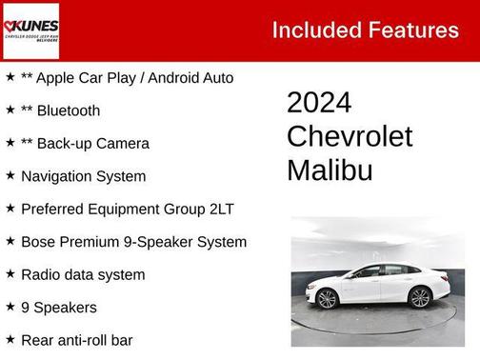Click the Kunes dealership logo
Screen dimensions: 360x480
[x=30, y=30]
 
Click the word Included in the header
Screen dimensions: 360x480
[x=310, y=30]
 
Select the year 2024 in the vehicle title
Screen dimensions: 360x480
[x=319, y=103]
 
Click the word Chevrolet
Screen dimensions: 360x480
[x=350, y=136]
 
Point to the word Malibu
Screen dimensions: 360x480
[x=330, y=170]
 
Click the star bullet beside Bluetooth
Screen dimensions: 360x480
[x=10, y=110]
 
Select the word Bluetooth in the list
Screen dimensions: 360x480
[x=70, y=110]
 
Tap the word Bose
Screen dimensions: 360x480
[x=38, y=242]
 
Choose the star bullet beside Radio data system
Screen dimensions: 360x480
[x=10, y=274]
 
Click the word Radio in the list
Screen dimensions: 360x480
[x=41, y=275]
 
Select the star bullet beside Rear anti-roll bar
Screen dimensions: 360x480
[x=10, y=340]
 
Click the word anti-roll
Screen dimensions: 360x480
[x=84, y=341]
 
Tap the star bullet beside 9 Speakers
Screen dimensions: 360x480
[x=10, y=307]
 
